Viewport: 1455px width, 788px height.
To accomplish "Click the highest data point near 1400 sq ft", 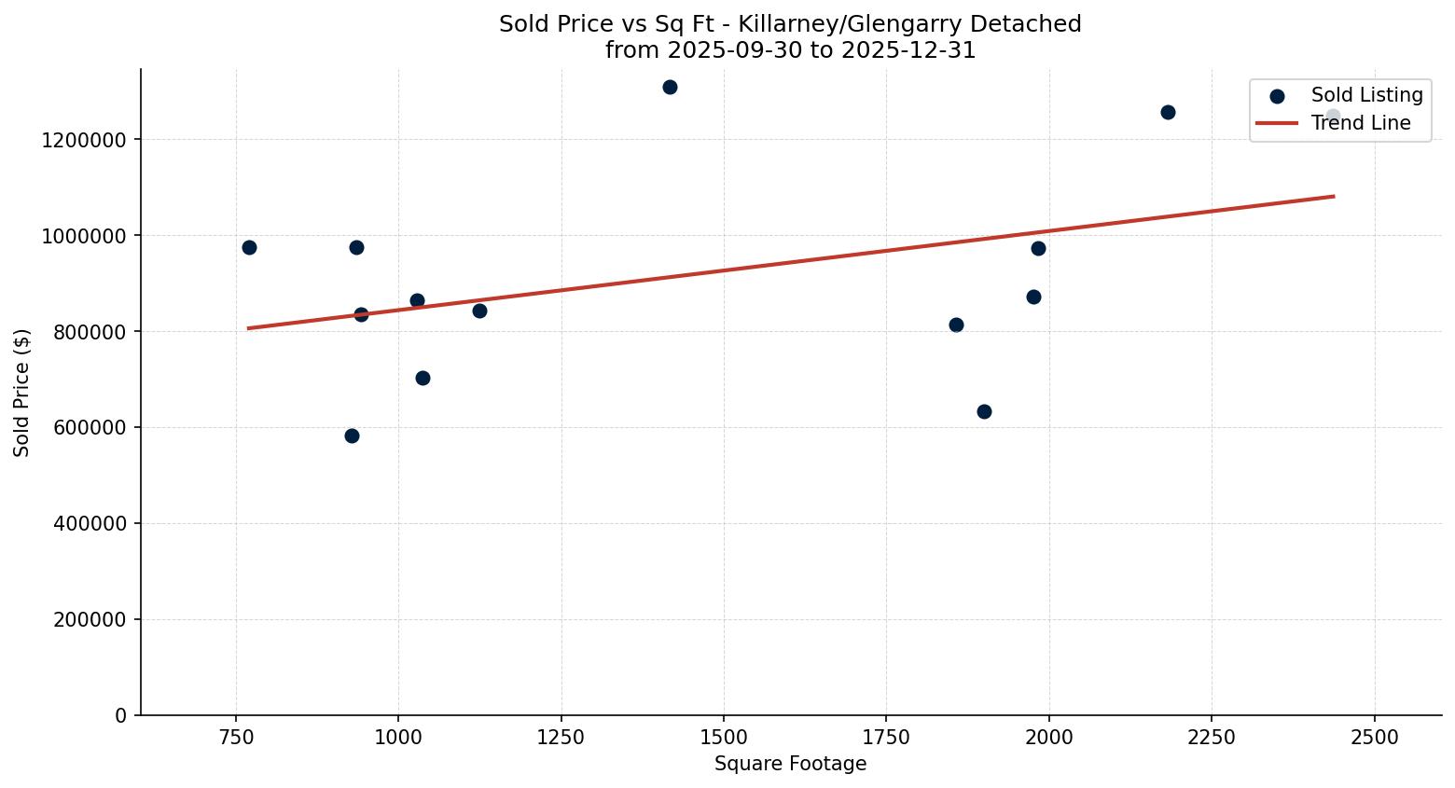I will coord(670,88).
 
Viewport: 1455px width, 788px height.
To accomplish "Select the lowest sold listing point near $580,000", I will coord(352,436).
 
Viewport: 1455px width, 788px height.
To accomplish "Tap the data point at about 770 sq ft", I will coord(249,248).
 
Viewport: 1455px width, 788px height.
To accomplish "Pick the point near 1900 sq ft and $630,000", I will coord(984,412).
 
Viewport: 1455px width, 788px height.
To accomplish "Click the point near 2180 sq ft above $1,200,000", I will coord(1168,113).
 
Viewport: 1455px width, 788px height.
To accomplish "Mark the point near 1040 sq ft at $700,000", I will coord(423,379).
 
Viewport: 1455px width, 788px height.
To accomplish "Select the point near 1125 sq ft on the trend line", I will coord(479,311).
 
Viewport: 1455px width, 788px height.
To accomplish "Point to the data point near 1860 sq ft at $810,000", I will coord(956,325).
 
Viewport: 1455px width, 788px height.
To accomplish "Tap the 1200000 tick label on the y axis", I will coord(84,140).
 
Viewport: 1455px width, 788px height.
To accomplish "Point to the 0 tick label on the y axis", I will coord(120,716).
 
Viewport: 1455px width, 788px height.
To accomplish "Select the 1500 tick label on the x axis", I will coord(724,738).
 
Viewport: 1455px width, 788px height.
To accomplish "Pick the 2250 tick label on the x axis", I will coord(1212,738).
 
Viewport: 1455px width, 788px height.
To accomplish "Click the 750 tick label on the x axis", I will coord(236,738).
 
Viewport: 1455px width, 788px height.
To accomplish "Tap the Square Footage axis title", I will coord(790,765).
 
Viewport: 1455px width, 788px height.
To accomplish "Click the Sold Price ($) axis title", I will coord(22,393).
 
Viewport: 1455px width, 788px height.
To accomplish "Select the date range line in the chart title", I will coord(790,50).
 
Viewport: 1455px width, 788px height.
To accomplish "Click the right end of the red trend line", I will coord(1333,197).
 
